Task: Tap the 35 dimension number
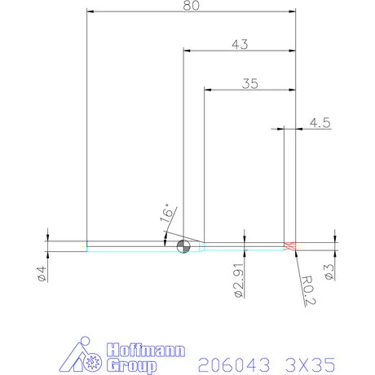pyautogui.click(x=250, y=83)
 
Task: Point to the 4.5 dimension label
pyautogui.click(x=319, y=123)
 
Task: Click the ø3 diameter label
pyautogui.click(x=330, y=272)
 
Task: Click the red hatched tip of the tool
pyautogui.click(x=288, y=246)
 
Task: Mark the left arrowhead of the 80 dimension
pyautogui.click(x=90, y=11)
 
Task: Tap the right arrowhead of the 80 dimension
pyautogui.click(x=291, y=11)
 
